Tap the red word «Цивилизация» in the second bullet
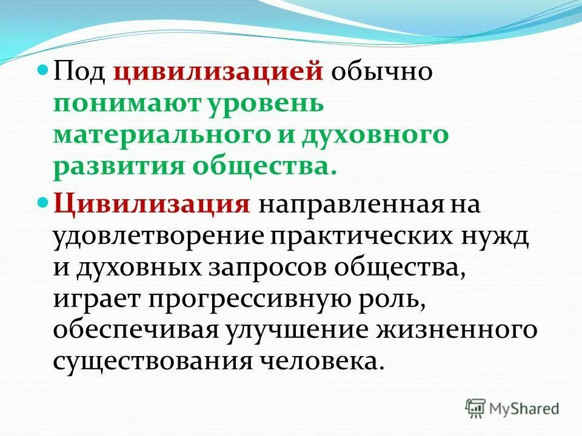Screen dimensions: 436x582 152,203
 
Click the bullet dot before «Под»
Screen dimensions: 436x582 42,71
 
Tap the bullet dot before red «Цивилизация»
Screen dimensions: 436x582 42,200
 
